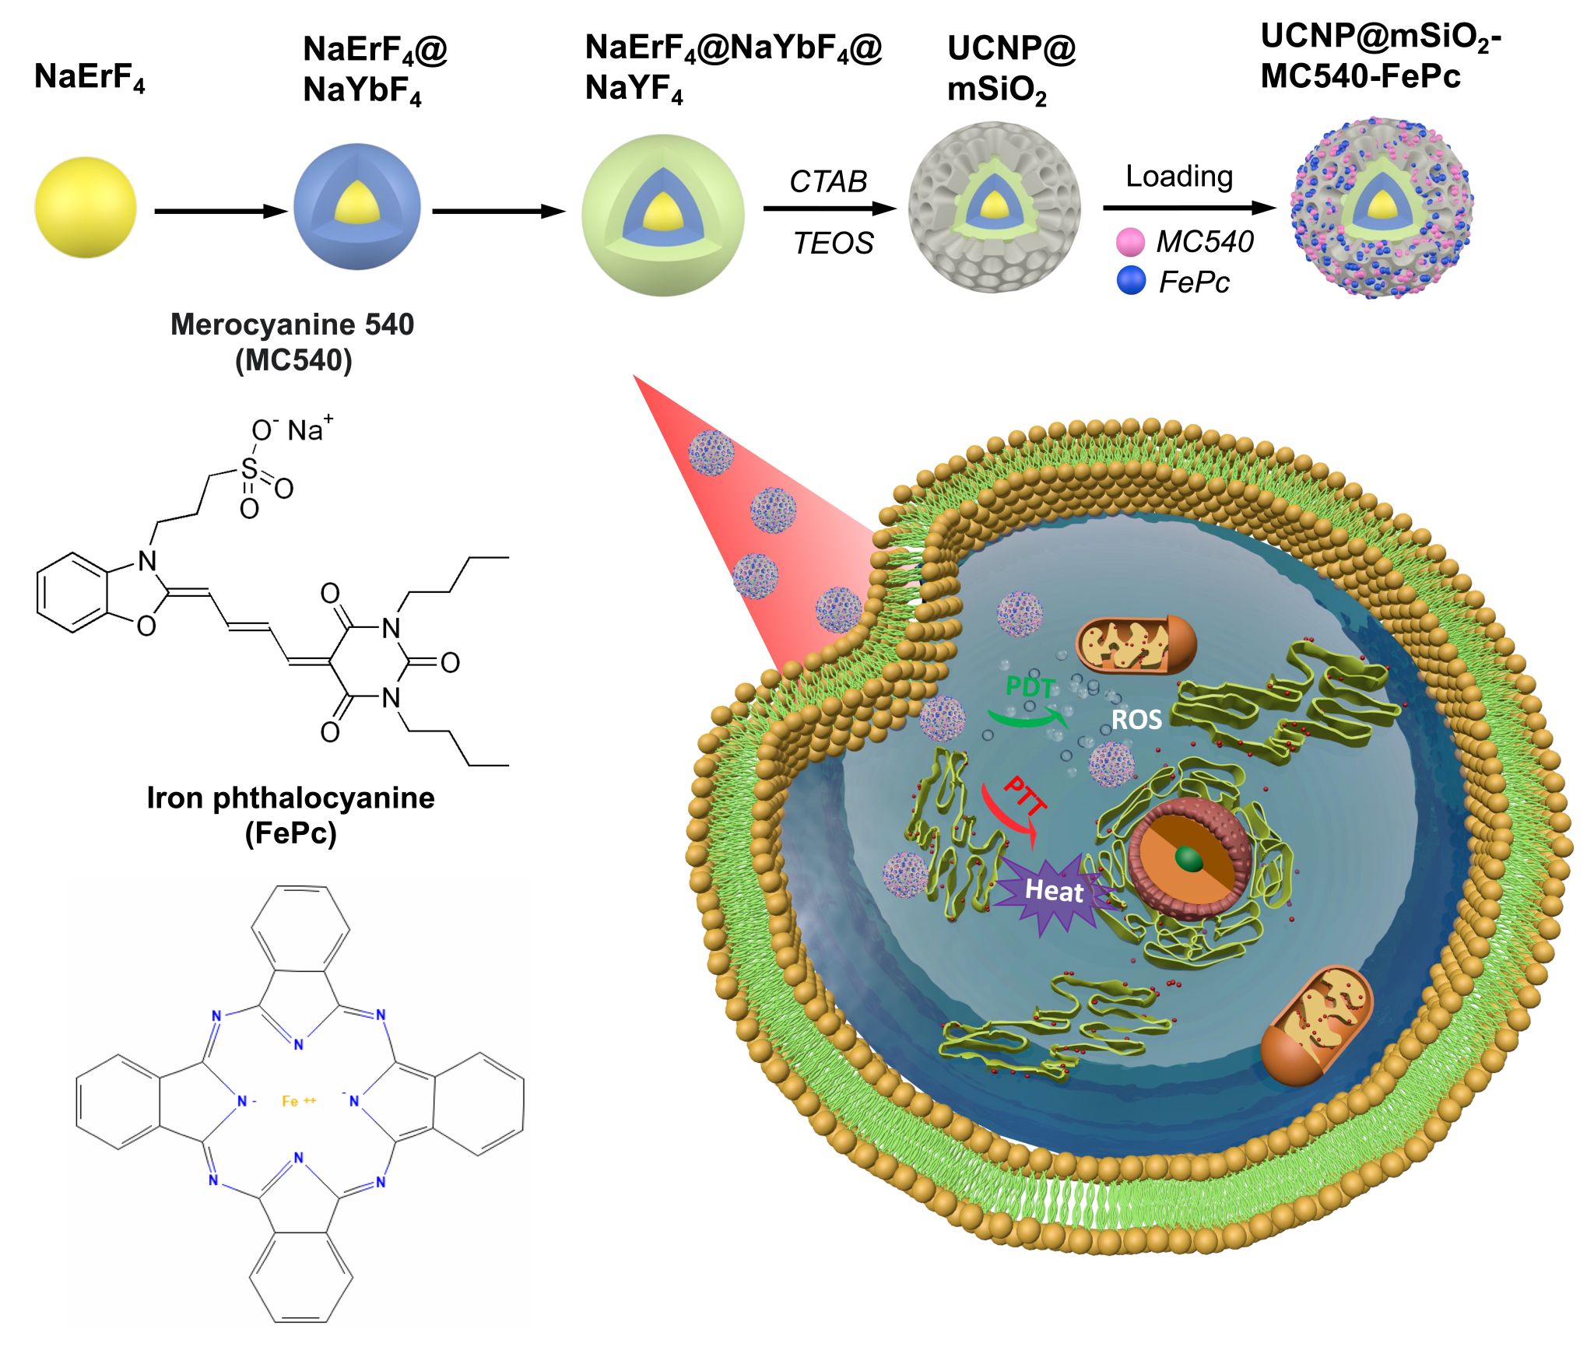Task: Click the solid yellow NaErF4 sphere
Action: pyautogui.click(x=86, y=208)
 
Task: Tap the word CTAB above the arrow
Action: pyautogui.click(x=828, y=181)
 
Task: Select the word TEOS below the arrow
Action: pyautogui.click(x=833, y=244)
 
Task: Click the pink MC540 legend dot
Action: pyautogui.click(x=1130, y=242)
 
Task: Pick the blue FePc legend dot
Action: pyautogui.click(x=1131, y=280)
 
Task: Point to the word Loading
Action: pyautogui.click(x=1179, y=177)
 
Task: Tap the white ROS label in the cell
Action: pyautogui.click(x=1136, y=720)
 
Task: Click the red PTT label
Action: pyautogui.click(x=1024, y=797)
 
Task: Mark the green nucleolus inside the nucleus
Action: pyautogui.click(x=1188, y=859)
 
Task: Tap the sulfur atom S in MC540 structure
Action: pyautogui.click(x=249, y=468)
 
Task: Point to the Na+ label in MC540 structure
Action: pyautogui.click(x=310, y=430)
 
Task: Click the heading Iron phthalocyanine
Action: pyautogui.click(x=290, y=798)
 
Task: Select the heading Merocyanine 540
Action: pyautogui.click(x=292, y=324)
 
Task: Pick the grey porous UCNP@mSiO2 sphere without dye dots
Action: pyautogui.click(x=994, y=207)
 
